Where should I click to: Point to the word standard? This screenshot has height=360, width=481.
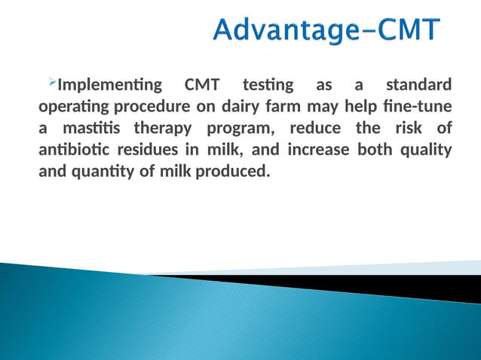point(419,84)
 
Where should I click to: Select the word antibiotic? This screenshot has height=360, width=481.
point(72,149)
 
